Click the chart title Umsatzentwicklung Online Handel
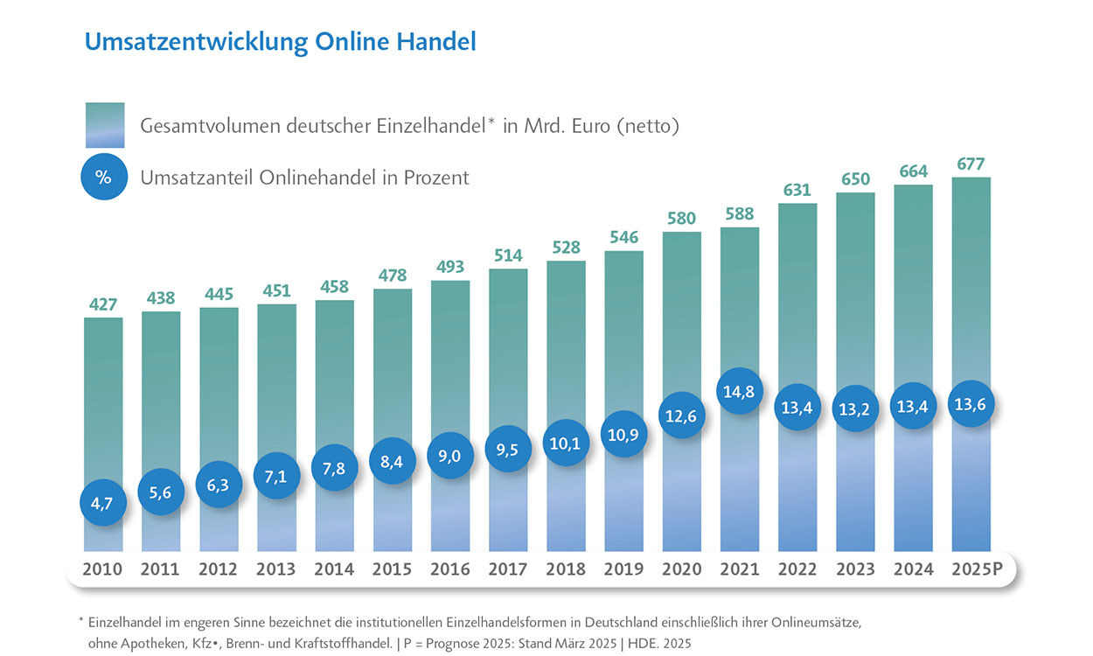tap(280, 41)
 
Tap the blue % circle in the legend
tap(103, 178)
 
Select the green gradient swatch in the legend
tap(103, 126)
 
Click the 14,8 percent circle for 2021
tap(740, 391)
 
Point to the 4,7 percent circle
tap(103, 502)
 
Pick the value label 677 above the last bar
tap(971, 164)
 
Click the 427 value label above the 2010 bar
tap(103, 304)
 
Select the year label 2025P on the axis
tap(977, 569)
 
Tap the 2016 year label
tap(450, 569)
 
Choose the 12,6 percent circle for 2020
tap(682, 415)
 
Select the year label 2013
tap(276, 569)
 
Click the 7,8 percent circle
tap(334, 468)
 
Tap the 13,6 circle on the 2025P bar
tap(971, 404)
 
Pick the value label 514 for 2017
tap(508, 255)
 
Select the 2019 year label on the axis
tap(623, 569)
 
